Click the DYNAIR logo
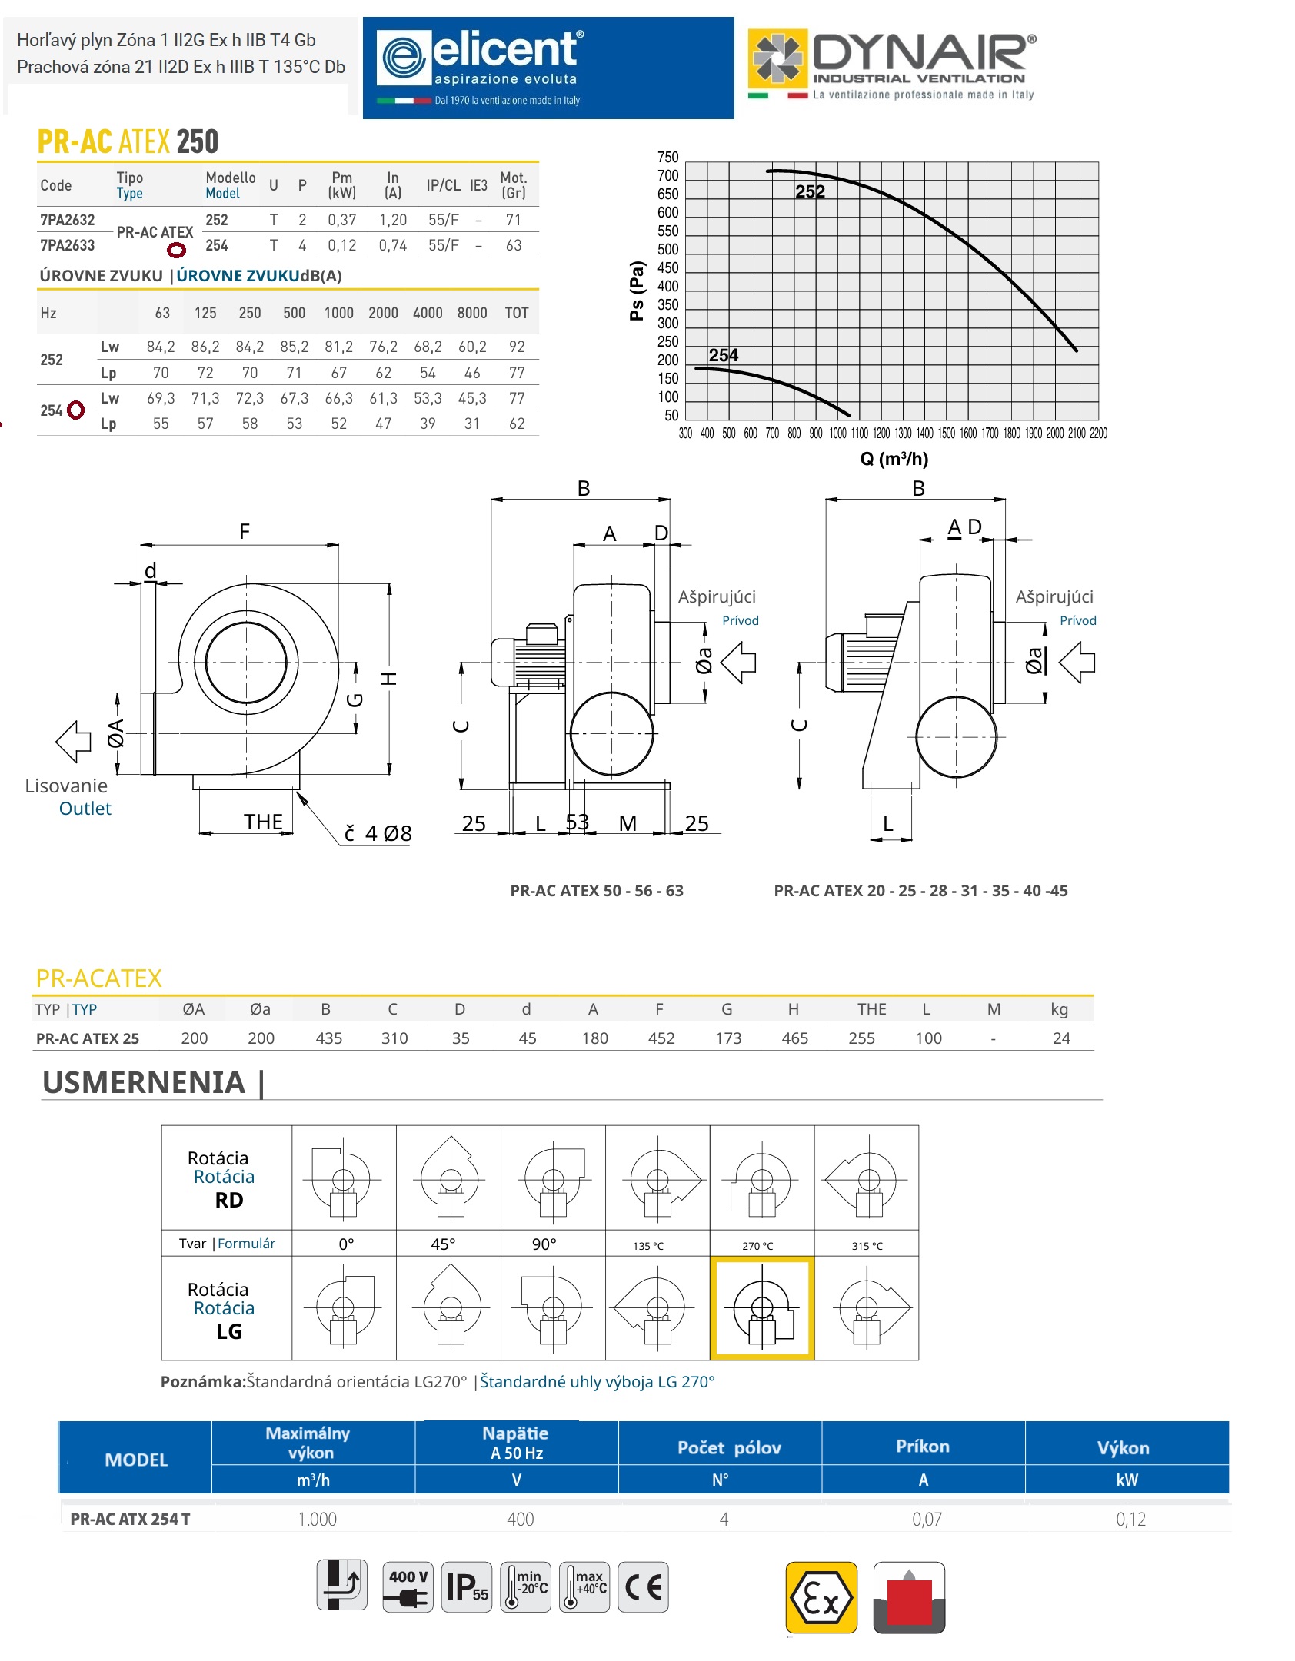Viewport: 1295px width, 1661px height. tap(892, 65)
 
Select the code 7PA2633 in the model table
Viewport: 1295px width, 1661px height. tap(68, 245)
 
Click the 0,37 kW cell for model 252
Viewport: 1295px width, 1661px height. tap(341, 220)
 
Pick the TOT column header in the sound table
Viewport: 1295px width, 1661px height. tap(517, 313)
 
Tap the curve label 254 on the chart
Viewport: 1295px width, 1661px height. tap(723, 355)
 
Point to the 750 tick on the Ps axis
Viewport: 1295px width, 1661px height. tap(667, 158)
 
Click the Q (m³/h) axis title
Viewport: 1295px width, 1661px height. tap(894, 459)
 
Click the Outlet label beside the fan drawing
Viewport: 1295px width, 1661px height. tap(85, 809)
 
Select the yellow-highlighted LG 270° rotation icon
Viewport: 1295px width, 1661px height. tap(761, 1308)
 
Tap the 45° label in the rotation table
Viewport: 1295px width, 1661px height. tap(443, 1244)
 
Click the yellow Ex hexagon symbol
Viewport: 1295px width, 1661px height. tap(821, 1597)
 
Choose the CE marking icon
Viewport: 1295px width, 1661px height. tap(643, 1586)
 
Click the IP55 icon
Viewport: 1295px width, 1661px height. tap(468, 1586)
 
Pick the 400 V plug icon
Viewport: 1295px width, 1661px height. tap(408, 1586)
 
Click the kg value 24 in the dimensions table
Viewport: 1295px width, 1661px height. tap(1061, 1038)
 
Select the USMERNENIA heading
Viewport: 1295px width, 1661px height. tap(145, 1082)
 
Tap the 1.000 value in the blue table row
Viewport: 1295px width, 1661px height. tap(317, 1520)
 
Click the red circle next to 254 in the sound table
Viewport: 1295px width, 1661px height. tap(75, 410)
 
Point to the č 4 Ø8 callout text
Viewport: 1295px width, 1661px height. tap(378, 833)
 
